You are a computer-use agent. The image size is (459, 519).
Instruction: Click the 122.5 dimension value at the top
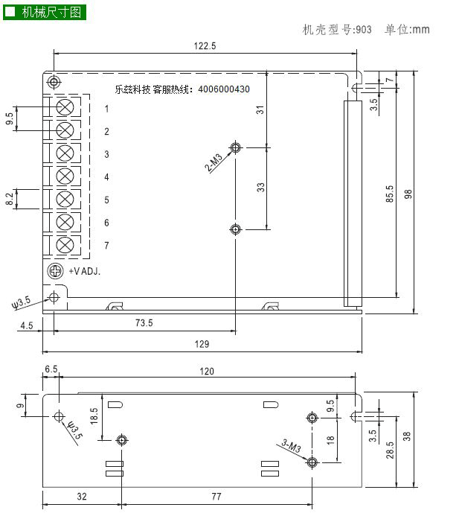point(205,45)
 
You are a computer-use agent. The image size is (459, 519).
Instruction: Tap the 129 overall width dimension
point(202,344)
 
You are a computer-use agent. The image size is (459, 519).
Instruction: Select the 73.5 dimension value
point(144,322)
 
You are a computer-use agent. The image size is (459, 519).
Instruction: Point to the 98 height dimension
point(408,194)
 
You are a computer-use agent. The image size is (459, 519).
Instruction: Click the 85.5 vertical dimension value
point(390,194)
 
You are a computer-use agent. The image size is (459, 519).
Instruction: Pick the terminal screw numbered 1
point(65,107)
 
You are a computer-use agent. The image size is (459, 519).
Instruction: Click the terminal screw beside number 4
point(65,176)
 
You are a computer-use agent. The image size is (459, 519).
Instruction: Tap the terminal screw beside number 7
point(65,245)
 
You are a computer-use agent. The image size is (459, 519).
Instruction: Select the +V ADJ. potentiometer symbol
point(55,271)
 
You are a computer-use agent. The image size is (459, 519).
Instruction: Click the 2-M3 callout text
point(214,162)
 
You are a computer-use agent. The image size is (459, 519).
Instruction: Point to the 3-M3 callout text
point(292,446)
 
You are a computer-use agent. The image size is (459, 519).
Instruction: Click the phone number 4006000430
point(224,89)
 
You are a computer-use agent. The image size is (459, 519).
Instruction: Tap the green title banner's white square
point(10,12)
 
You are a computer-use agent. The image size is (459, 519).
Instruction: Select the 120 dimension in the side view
point(207,371)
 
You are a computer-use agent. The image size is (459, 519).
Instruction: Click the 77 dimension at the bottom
point(216,496)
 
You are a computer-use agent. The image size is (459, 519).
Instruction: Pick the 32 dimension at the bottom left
point(82,496)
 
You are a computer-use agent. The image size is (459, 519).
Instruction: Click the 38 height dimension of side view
point(407,436)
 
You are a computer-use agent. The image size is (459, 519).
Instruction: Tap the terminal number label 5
point(106,200)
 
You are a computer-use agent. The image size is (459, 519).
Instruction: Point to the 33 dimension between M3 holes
point(260,188)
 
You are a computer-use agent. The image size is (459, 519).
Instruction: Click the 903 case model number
point(364,30)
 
